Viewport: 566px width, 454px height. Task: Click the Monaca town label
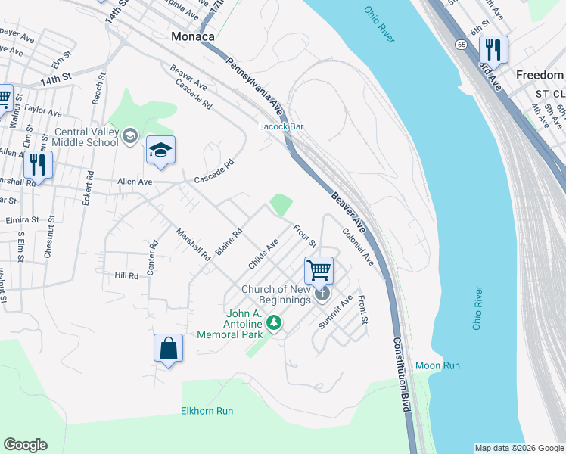[192, 36]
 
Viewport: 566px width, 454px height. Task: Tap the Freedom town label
[540, 75]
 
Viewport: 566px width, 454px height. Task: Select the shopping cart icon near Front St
[319, 269]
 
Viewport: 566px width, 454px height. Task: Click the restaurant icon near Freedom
[493, 50]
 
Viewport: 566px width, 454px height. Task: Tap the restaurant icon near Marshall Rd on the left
[37, 163]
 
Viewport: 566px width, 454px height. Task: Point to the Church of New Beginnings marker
[323, 293]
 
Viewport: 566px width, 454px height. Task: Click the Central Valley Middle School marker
[129, 135]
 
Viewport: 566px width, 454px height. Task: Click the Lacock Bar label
[281, 126]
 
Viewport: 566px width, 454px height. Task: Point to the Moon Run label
[437, 365]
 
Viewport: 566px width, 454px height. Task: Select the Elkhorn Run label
[207, 411]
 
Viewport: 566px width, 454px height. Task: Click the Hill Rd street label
[126, 276]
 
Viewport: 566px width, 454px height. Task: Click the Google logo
[25, 445]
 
